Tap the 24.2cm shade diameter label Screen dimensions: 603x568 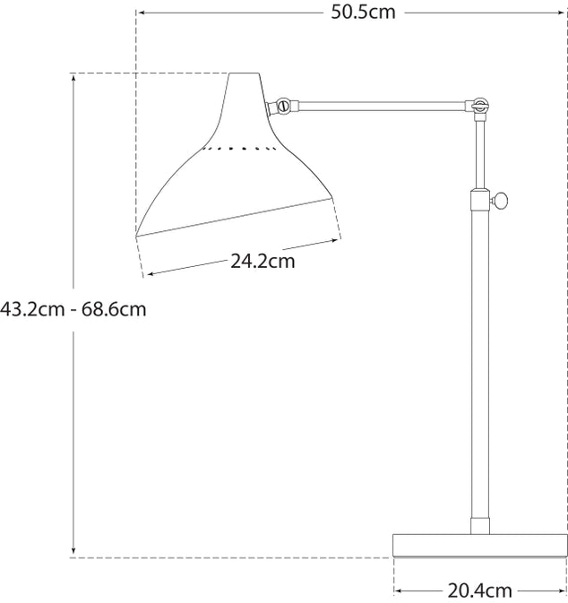pyautogui.click(x=262, y=262)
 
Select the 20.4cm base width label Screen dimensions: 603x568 pyautogui.click(x=479, y=590)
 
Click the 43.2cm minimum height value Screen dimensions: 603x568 pyautogui.click(x=32, y=310)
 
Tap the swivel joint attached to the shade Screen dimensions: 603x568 pyautogui.click(x=283, y=107)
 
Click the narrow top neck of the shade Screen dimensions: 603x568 pyautogui.click(x=245, y=90)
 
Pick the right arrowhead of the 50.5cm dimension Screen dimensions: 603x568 pyautogui.click(x=562, y=13)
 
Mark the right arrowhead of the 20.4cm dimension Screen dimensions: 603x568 pyautogui.click(x=561, y=590)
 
